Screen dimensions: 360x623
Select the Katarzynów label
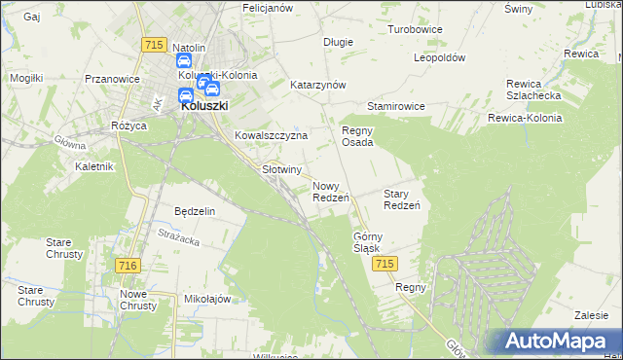(x=318, y=85)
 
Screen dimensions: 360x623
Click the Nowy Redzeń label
(x=331, y=192)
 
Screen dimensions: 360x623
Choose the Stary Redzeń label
(x=401, y=199)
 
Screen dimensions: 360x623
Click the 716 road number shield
(x=127, y=266)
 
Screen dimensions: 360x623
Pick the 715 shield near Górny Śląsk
(x=385, y=265)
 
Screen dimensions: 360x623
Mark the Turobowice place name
(x=415, y=29)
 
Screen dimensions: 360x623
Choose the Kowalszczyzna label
(x=271, y=136)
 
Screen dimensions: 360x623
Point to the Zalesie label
(x=591, y=315)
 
